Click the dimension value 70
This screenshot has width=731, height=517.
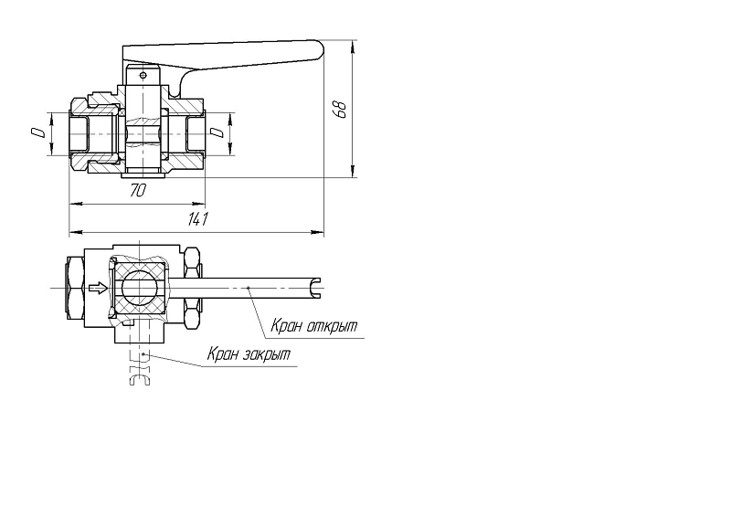tap(138, 190)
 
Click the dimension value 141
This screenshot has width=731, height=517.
tap(197, 218)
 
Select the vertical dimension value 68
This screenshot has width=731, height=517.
tap(341, 109)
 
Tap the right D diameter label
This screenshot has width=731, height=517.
tap(217, 132)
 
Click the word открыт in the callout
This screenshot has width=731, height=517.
tap(332, 326)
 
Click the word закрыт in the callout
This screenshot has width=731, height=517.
tap(266, 354)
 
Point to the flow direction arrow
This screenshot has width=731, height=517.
tap(99, 289)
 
